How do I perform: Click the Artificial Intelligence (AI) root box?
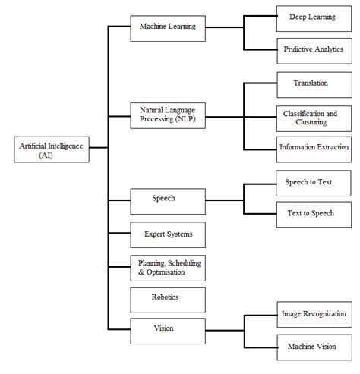coord(52,149)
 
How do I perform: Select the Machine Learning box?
coord(168,29)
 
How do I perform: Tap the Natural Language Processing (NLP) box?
coord(168,115)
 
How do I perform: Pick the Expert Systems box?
coord(168,235)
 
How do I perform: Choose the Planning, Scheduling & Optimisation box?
coord(168,268)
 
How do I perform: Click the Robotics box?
coord(168,300)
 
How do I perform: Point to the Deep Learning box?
coord(314,19)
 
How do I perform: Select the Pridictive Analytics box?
coord(314,51)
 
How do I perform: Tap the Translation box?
coord(314,85)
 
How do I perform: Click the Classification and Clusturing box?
coord(314,118)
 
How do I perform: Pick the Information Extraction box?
coord(314,149)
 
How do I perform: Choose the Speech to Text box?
coord(314,184)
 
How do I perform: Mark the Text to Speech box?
coord(314,215)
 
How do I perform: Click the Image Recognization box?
coord(314,315)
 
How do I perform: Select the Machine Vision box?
coord(314,347)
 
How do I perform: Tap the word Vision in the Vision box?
coord(163,328)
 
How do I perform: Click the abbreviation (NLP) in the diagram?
coord(185,119)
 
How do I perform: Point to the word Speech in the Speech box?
coord(163,198)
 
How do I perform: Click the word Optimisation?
coord(166,272)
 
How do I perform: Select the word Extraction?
coord(333,147)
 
